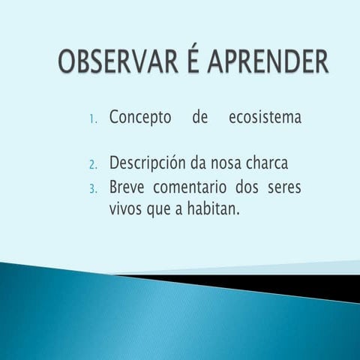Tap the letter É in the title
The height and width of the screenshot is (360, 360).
click(x=188, y=61)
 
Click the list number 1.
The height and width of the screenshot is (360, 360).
click(x=92, y=119)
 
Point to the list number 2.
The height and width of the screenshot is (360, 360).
click(x=92, y=164)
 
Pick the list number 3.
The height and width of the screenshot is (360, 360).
click(x=92, y=188)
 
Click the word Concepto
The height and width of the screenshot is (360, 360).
click(x=139, y=118)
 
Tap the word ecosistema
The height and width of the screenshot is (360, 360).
click(x=263, y=118)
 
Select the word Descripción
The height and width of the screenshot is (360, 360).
click(x=149, y=163)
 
